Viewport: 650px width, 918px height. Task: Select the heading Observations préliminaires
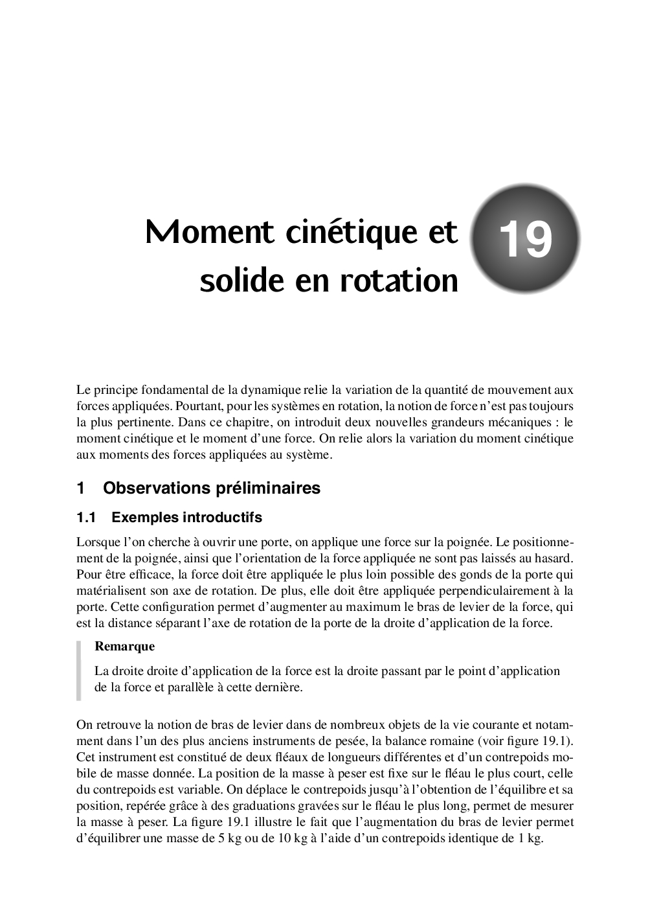[x=211, y=488]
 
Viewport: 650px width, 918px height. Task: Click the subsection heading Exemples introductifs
[x=186, y=518]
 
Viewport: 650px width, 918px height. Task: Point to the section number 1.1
[x=86, y=518]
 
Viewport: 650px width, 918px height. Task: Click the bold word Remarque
[x=124, y=646]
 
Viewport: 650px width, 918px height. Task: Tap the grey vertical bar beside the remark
[x=79, y=671]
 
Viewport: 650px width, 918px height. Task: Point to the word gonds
[x=453, y=575]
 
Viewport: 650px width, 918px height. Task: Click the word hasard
[x=552, y=558]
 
